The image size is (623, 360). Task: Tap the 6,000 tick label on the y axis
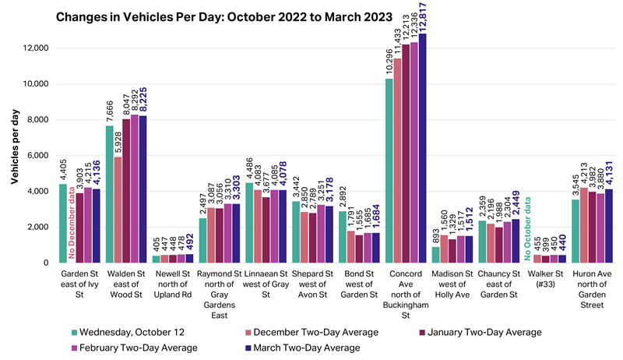(x=39, y=156)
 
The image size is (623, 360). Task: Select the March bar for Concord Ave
(x=423, y=148)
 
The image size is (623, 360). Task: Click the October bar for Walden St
(x=110, y=194)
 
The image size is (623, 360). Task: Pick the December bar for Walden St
(x=118, y=210)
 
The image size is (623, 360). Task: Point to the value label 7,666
(x=110, y=109)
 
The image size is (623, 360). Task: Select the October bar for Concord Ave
(x=390, y=171)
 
